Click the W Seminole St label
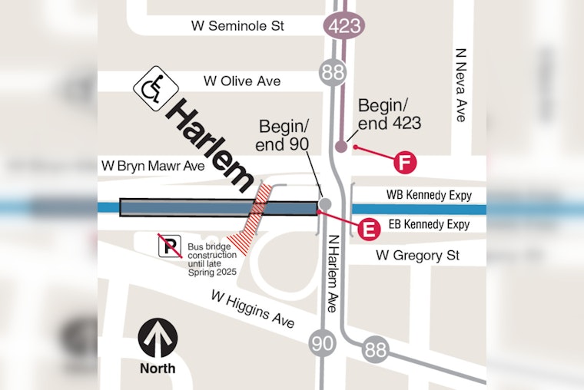tap(237, 26)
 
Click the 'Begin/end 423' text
tap(390, 113)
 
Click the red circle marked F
tap(405, 163)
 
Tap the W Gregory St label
tap(417, 255)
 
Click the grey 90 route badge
tap(324, 342)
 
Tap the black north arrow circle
tap(158, 338)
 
